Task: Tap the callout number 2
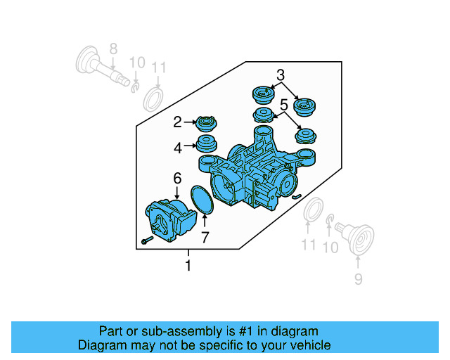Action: [x=178, y=122]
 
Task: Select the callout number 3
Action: [x=280, y=75]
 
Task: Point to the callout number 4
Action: [x=178, y=148]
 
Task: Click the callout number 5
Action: [x=283, y=105]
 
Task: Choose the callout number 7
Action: [x=205, y=238]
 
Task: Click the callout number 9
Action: [x=358, y=280]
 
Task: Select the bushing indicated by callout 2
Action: [x=207, y=124]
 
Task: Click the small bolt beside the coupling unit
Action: [x=146, y=240]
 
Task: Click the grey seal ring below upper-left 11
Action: [x=154, y=99]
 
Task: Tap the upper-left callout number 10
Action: [x=137, y=63]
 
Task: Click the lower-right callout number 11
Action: [x=309, y=245]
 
